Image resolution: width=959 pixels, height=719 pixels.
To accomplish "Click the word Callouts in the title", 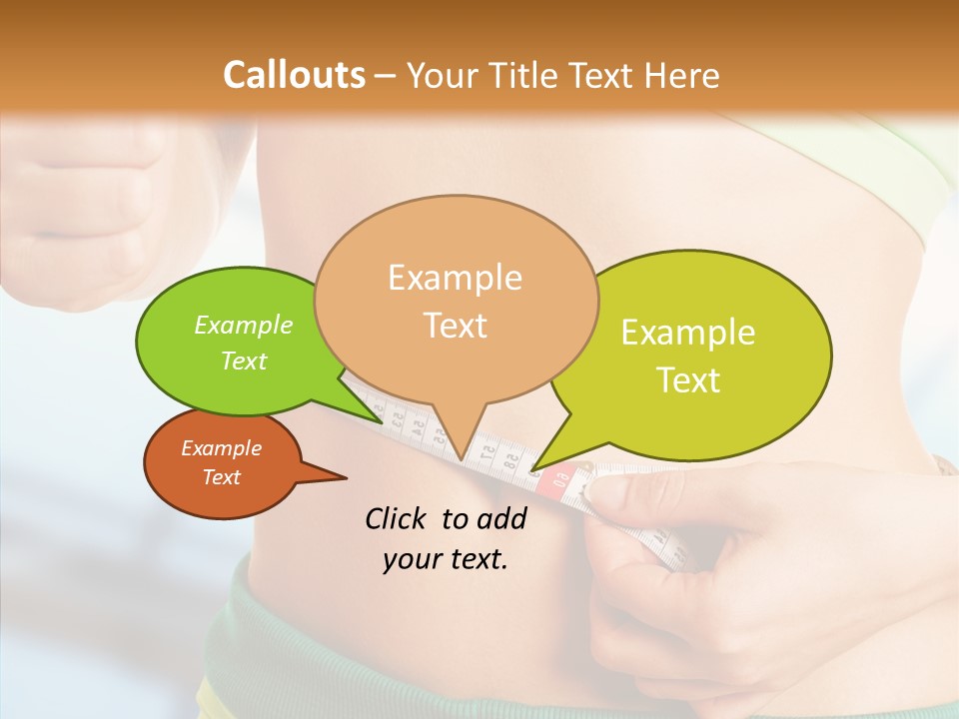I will point(294,75).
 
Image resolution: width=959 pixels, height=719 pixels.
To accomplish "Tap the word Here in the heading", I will point(681,75).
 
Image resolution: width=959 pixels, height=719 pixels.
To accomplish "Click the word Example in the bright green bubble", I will point(244,326).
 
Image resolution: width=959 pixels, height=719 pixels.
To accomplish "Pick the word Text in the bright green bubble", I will point(244,360).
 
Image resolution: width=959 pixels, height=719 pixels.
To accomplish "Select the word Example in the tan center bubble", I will point(455,278).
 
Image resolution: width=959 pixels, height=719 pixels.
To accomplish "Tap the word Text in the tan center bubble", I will point(455,326).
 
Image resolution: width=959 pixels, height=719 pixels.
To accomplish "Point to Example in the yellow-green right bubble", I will point(688,333).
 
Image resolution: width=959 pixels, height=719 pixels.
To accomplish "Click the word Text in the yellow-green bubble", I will point(688,379).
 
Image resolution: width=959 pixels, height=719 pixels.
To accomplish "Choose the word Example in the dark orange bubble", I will point(222,448).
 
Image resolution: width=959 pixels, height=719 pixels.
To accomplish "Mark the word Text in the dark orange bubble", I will point(222,477).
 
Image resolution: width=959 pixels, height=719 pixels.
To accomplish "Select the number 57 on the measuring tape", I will point(487,451).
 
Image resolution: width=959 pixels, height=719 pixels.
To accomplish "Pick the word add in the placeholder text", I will point(501,518).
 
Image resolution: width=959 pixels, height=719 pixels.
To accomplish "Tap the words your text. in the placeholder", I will point(446,559).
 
